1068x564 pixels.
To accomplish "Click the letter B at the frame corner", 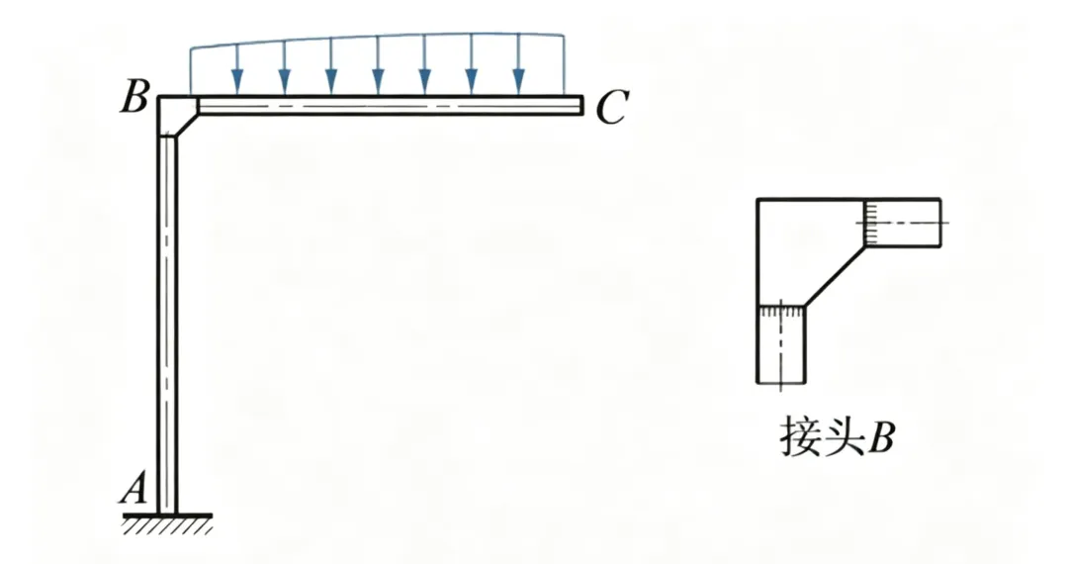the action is (135, 100).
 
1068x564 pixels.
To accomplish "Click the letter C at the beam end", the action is (611, 108).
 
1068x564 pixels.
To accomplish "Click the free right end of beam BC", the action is (580, 106).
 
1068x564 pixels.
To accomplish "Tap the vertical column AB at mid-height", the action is (168, 317).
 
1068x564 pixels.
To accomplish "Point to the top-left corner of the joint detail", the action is (758, 201).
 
